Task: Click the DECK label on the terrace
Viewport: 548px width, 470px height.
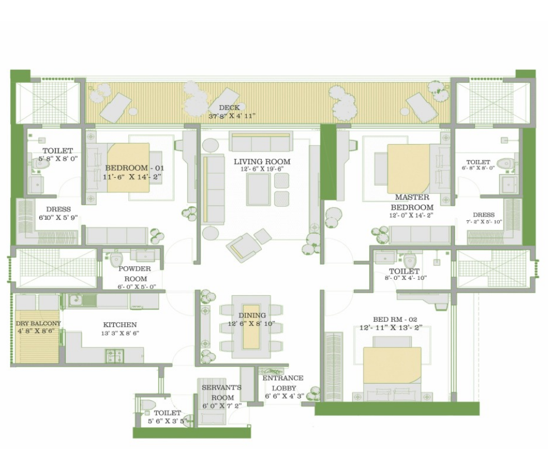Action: tap(229, 107)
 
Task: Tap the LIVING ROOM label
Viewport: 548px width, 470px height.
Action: tap(262, 162)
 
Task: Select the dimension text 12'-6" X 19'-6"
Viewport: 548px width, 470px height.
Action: tap(262, 169)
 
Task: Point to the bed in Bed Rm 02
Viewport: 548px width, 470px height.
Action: tap(392, 368)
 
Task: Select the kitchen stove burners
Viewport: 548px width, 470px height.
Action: tap(115, 355)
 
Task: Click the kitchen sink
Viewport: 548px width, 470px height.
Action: tap(77, 300)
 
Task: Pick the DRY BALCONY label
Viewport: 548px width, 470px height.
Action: tap(38, 324)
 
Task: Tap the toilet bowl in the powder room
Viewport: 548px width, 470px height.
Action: tap(116, 259)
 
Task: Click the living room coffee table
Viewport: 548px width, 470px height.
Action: tap(258, 190)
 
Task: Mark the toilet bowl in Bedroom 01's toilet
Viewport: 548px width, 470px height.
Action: tap(38, 163)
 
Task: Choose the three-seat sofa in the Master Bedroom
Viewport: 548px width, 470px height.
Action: tap(420, 235)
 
